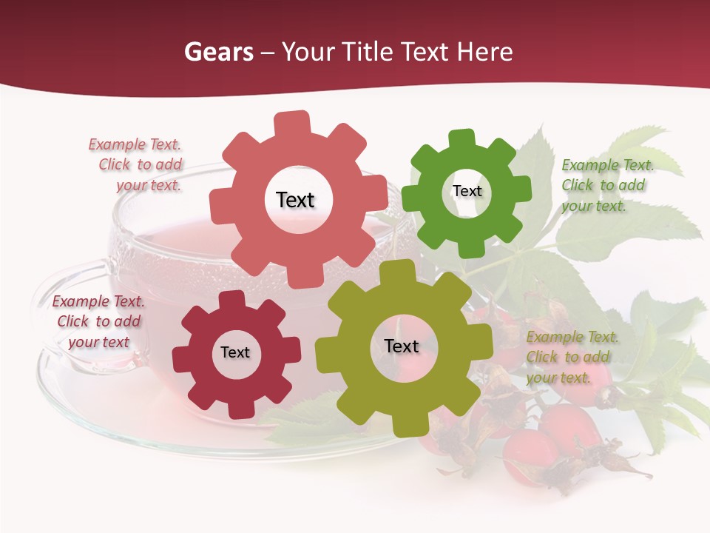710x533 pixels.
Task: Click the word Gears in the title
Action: point(219,52)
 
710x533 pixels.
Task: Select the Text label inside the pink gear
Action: point(295,200)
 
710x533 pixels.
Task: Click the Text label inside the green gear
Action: point(467,191)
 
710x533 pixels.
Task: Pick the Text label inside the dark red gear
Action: point(235,352)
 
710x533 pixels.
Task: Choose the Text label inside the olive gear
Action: point(402,346)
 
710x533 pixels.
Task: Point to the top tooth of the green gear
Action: point(462,138)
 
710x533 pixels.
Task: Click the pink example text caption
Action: point(136,165)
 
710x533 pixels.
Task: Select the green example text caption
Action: point(606,185)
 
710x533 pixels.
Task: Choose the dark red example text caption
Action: point(98,321)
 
